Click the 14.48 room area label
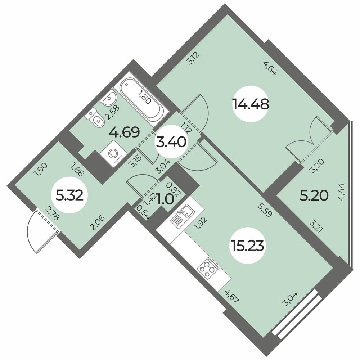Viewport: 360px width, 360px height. tap(251, 105)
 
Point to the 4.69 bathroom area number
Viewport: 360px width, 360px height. tap(125, 132)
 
